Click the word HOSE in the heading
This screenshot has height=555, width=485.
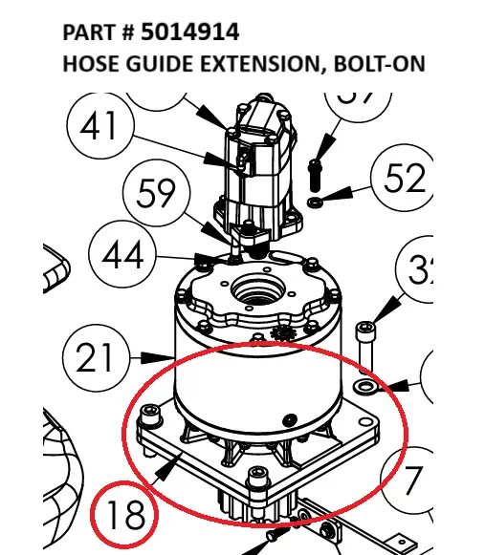[91, 65]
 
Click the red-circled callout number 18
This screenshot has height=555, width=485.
[126, 515]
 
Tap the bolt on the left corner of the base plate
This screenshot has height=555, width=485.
[148, 416]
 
